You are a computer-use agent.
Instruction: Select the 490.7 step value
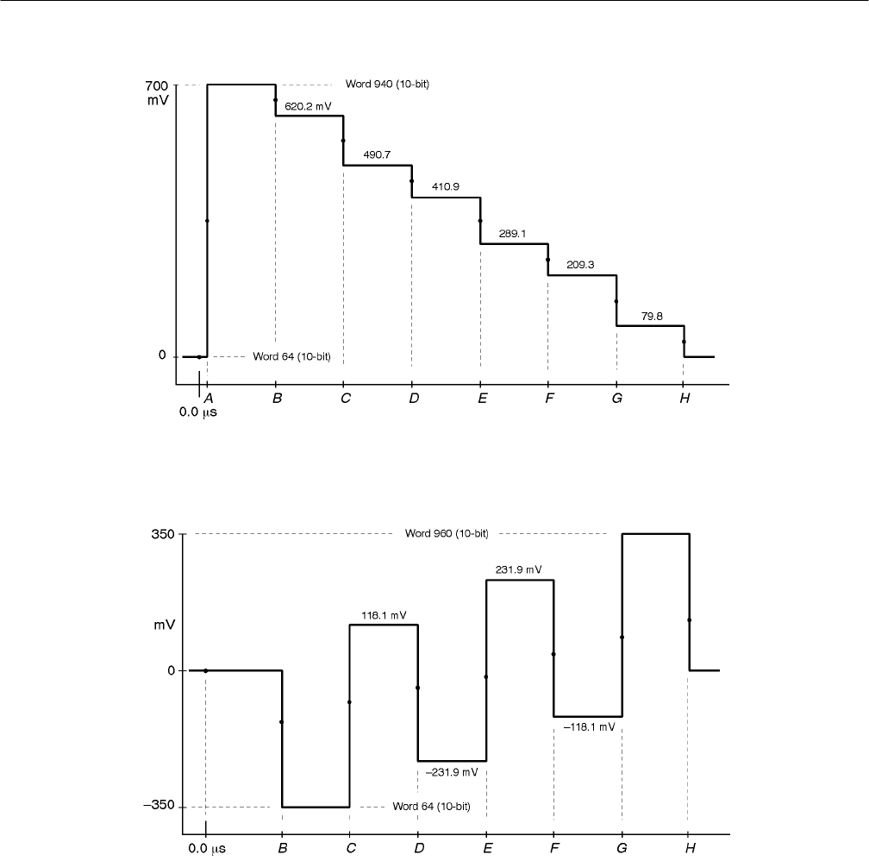[x=378, y=154]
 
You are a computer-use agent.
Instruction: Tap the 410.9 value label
[x=446, y=187]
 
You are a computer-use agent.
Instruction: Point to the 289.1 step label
[x=513, y=233]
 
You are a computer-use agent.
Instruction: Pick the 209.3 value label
[x=581, y=265]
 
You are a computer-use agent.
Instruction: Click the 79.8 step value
[x=651, y=316]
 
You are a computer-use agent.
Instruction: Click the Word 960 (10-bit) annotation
[x=447, y=533]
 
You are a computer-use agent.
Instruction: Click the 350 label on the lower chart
[x=164, y=534]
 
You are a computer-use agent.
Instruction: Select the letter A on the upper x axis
[x=207, y=398]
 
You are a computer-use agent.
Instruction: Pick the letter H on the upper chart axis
[x=684, y=398]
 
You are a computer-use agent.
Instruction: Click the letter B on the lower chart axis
[x=282, y=848]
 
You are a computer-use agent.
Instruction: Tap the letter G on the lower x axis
[x=622, y=848]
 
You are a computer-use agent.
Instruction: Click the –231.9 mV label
[x=452, y=772]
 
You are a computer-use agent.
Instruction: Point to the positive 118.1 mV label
[x=384, y=615]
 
